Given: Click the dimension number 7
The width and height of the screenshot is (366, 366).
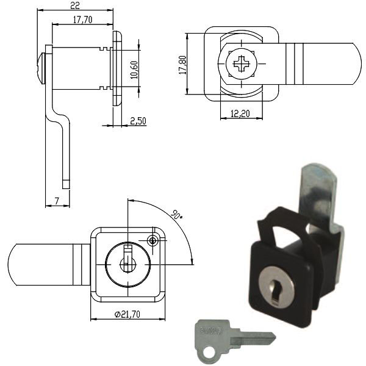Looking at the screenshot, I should tap(56, 201).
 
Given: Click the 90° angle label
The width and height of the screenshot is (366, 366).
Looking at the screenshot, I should tap(176, 215).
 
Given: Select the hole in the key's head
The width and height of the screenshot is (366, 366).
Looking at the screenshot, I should tap(207, 351).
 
